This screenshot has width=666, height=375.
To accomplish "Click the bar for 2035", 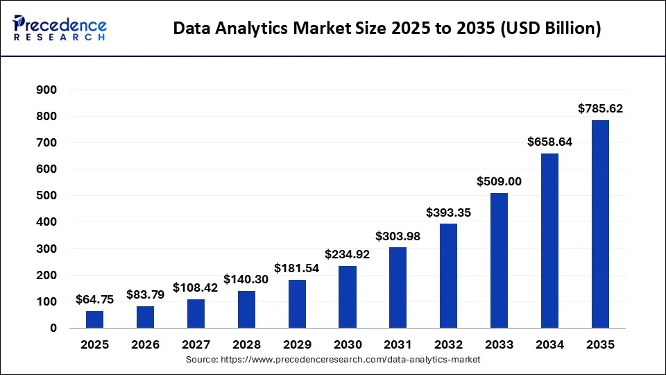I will [x=600, y=224].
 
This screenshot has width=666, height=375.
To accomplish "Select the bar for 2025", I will [x=95, y=319].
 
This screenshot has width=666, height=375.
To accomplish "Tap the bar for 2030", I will [x=348, y=297].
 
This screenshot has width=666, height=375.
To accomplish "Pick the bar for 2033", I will [x=499, y=260].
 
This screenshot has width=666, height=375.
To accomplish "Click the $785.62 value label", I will [x=601, y=108].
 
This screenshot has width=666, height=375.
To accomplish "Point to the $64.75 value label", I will [x=95, y=299].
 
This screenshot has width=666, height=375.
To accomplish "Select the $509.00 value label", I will [x=499, y=181].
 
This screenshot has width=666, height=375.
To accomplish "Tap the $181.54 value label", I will [x=297, y=268].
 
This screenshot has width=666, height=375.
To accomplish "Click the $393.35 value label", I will [x=449, y=212].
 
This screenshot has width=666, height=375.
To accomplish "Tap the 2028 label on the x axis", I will [x=246, y=344].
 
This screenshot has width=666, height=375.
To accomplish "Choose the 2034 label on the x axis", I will [x=549, y=344].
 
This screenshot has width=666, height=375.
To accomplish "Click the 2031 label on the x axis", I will [x=398, y=344].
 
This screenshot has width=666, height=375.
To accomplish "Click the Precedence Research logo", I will [x=60, y=28].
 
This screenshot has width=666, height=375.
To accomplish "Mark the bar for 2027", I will [x=196, y=313].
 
